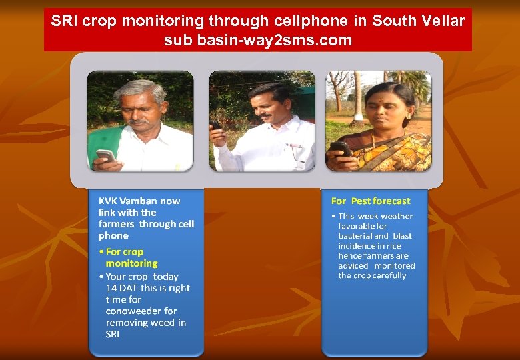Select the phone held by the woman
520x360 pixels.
[x=339, y=148]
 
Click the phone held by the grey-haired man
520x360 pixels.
[x=105, y=155]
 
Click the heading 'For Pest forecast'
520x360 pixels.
[x=371, y=201]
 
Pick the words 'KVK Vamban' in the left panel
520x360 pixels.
[x=128, y=201]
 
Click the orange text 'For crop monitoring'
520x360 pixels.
[x=127, y=257]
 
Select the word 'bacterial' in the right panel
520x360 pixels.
[x=355, y=236]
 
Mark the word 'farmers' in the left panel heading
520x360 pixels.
[x=117, y=224]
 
